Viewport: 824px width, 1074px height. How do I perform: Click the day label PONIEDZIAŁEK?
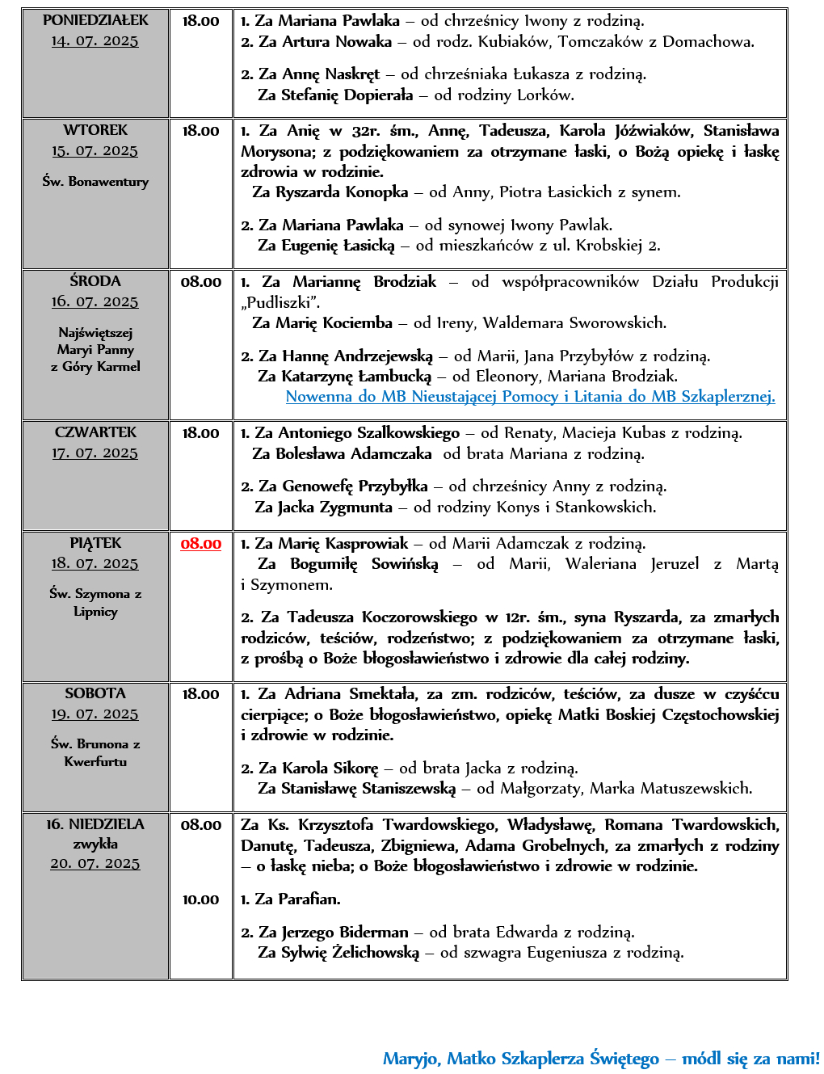click(95, 20)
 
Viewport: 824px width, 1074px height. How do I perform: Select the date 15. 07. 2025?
click(95, 151)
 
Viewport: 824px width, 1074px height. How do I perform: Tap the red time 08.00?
click(200, 544)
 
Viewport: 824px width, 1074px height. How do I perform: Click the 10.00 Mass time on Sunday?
click(200, 899)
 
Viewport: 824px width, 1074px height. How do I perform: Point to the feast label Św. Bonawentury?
click(95, 182)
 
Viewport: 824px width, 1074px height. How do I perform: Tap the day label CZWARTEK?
click(95, 432)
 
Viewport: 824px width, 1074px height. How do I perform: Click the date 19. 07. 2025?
click(95, 714)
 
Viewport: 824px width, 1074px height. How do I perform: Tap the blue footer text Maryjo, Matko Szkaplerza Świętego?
click(520, 1059)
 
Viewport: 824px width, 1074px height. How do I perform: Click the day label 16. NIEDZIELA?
click(95, 824)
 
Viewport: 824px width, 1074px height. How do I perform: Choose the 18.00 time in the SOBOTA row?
click(200, 694)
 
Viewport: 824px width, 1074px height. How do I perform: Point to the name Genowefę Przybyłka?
click(355, 486)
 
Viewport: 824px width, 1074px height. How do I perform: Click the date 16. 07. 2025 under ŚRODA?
click(95, 302)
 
